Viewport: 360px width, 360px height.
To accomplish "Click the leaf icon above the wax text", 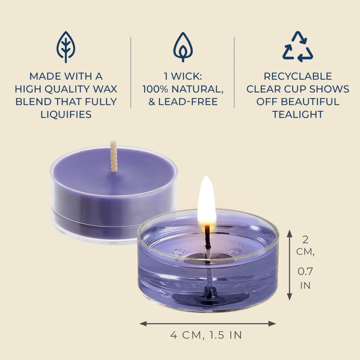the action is [66, 47].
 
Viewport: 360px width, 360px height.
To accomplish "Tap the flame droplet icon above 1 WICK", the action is [183, 47].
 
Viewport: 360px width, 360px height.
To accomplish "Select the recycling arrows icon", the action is [298, 47].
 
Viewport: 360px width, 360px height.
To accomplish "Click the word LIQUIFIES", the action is [66, 114].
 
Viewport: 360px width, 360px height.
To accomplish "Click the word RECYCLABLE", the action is [298, 76].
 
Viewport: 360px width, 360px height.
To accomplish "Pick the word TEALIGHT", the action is [298, 114].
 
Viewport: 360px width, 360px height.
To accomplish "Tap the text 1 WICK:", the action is [183, 76].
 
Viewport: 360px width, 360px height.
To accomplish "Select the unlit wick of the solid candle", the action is [114, 156].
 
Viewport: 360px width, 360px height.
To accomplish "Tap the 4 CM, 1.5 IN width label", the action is [206, 335].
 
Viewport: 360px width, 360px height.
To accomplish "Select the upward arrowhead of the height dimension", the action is [290, 233].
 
